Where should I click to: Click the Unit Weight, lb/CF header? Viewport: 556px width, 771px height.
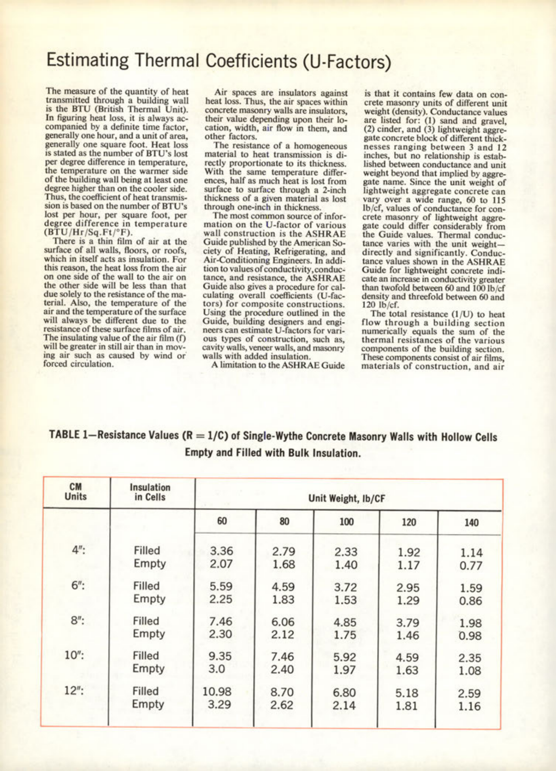[347, 499]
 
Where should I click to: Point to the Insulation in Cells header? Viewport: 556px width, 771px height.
[150, 492]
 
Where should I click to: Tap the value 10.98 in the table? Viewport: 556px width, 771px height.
[217, 691]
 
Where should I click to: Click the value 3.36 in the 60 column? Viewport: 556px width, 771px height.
[221, 551]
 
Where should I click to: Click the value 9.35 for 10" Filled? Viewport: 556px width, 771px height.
[220, 656]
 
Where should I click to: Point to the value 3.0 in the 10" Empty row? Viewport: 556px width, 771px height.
[216, 669]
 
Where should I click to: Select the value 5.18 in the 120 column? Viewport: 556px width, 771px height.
[407, 693]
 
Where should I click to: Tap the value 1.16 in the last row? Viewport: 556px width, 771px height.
[469, 706]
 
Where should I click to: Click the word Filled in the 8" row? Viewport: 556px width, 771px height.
[146, 621]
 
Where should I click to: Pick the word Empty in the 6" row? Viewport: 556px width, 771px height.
[149, 599]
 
